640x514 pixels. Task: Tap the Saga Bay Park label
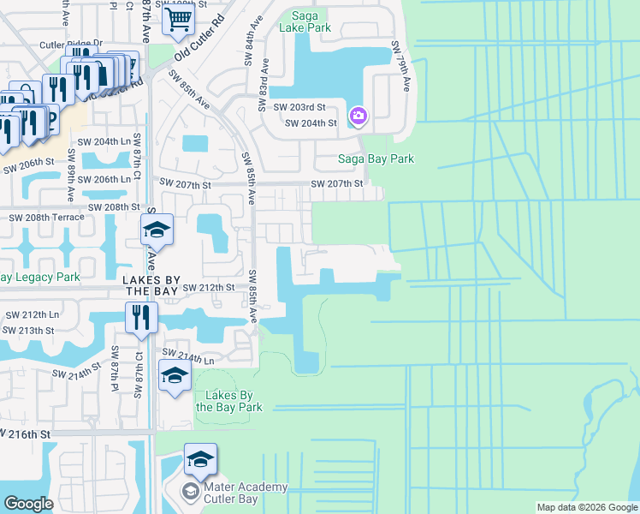click(x=376, y=158)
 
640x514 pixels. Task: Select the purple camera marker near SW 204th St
click(x=358, y=116)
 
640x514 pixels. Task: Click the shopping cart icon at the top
click(x=179, y=18)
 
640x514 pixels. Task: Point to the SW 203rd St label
click(x=299, y=107)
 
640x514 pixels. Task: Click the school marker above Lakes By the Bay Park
click(x=175, y=376)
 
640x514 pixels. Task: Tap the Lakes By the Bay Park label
click(x=228, y=401)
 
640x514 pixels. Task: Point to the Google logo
click(x=28, y=504)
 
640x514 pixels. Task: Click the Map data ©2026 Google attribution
click(x=587, y=507)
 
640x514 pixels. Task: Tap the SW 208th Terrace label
click(x=46, y=217)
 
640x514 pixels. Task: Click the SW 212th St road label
click(x=208, y=287)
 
